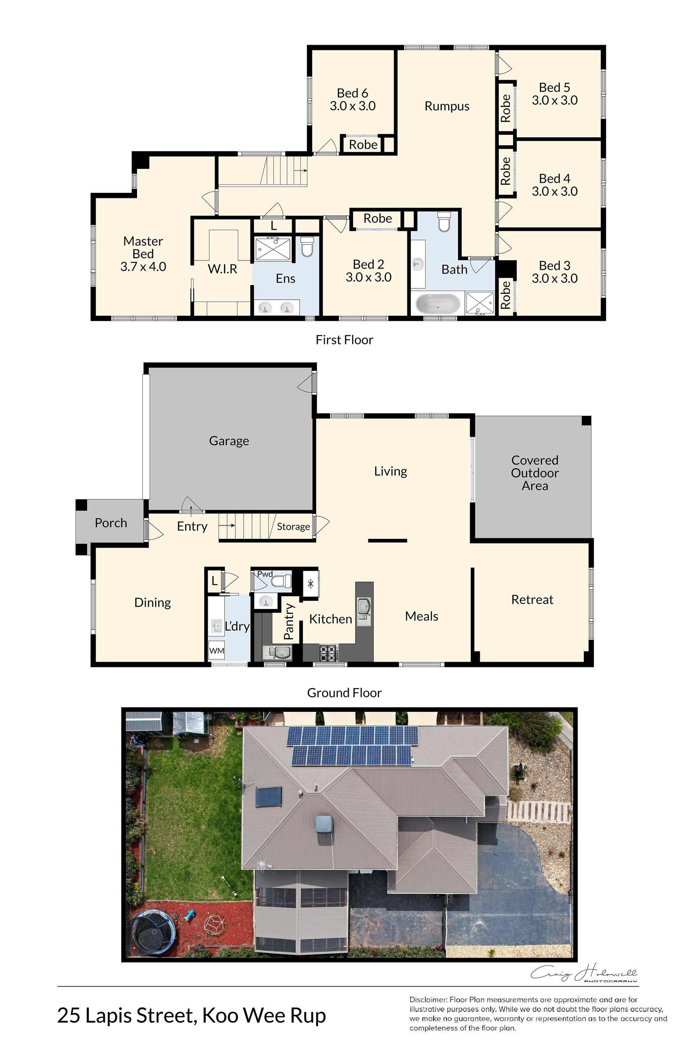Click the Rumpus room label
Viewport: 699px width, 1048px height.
click(447, 106)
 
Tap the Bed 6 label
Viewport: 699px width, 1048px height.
click(352, 93)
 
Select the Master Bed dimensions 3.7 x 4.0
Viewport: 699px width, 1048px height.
click(143, 267)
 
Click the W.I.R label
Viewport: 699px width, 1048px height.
click(222, 269)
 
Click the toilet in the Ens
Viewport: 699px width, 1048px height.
click(308, 246)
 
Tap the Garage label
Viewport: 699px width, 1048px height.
click(229, 441)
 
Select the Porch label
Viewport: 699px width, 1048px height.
click(111, 523)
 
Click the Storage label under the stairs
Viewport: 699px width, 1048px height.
click(293, 527)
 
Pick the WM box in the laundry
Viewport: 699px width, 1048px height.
click(217, 650)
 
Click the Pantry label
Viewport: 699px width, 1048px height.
click(289, 621)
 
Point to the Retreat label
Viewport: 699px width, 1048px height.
click(532, 600)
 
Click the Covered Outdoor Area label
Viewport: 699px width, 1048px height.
click(535, 473)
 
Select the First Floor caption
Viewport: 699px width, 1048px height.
click(344, 340)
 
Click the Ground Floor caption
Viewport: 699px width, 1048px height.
click(344, 693)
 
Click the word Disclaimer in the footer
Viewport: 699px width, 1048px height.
click(428, 999)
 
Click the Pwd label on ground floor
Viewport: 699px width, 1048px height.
click(265, 574)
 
